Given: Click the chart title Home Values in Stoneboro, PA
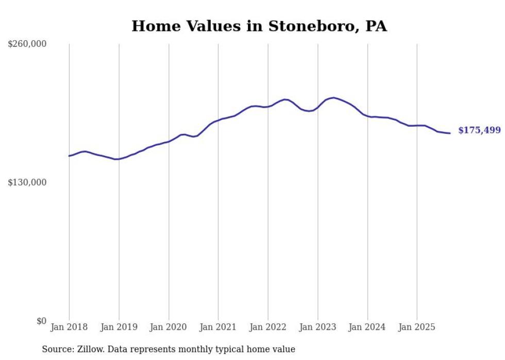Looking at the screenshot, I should click(259, 26).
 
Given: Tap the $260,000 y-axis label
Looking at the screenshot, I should click(27, 44).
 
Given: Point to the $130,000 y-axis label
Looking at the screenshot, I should click(27, 182).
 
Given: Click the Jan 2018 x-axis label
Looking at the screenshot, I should click(69, 327).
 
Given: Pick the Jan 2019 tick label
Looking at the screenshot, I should click(119, 327).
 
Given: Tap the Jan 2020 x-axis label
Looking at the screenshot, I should click(169, 327).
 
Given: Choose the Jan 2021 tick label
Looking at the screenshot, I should click(218, 327).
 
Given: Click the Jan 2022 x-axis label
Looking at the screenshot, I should click(268, 327).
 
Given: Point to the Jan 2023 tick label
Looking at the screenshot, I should click(317, 327).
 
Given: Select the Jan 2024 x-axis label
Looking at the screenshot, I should click(367, 327).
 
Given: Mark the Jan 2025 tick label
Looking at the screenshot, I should click(417, 327).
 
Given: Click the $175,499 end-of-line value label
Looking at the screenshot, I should click(479, 130).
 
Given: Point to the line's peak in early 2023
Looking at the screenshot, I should click(334, 97).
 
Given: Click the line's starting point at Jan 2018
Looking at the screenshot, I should click(70, 156).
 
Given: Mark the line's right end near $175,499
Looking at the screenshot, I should click(450, 133).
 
